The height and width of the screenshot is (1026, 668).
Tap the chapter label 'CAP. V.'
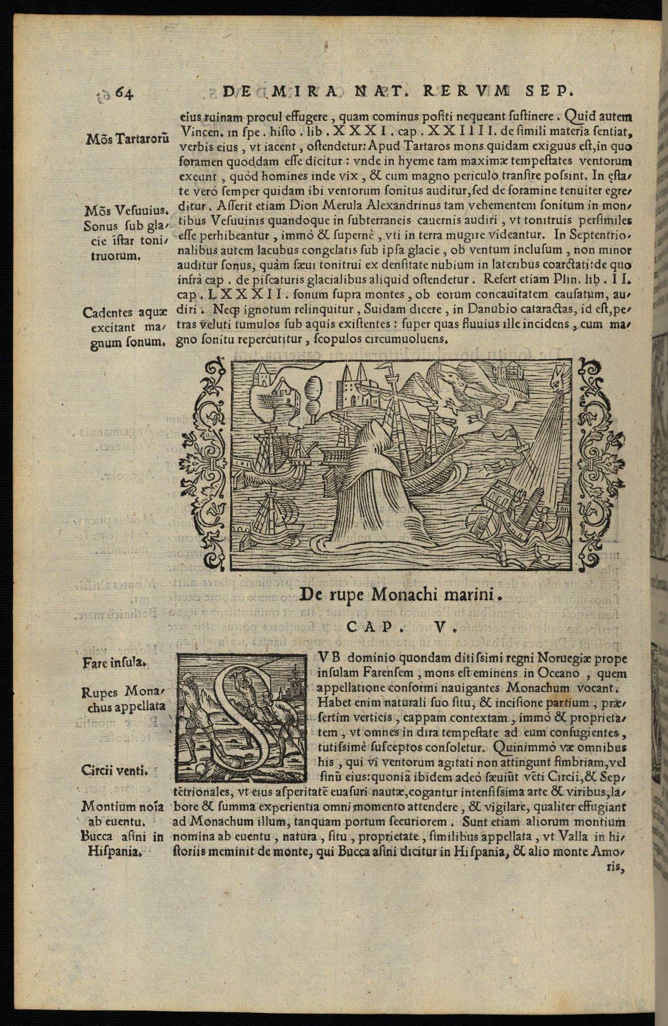pyautogui.click(x=401, y=628)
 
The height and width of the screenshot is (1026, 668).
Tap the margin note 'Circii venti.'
pyautogui.click(x=115, y=772)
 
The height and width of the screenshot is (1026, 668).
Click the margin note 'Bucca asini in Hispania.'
pyautogui.click(x=123, y=844)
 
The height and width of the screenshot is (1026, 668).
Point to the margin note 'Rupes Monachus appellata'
pyautogui.click(x=123, y=699)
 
